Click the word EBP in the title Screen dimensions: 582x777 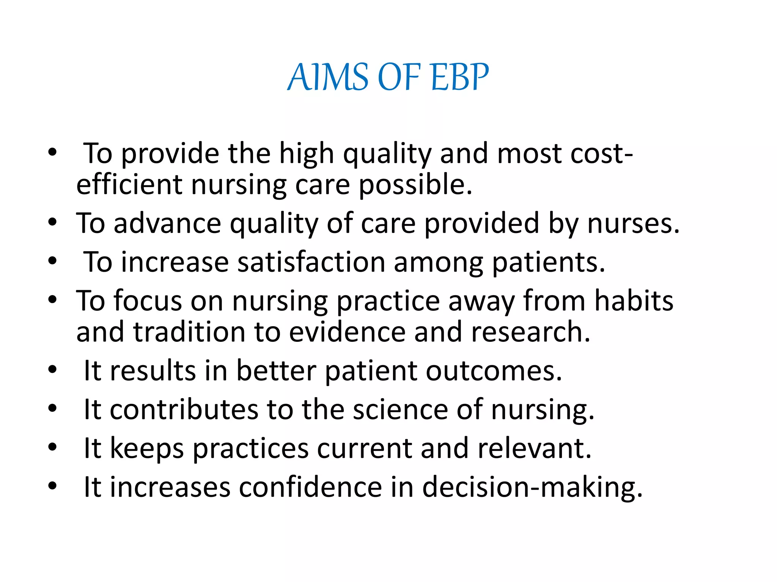459,77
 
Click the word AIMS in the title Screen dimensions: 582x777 328,77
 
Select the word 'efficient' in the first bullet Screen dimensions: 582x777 129,185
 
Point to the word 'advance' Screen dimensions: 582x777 167,224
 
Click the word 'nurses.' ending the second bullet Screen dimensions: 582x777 633,224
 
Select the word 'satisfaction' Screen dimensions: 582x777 311,262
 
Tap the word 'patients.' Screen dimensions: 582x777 548,262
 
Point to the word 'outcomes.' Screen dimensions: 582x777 494,371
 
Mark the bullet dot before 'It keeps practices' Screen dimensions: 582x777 52,447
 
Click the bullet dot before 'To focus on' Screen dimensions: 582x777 52,300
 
